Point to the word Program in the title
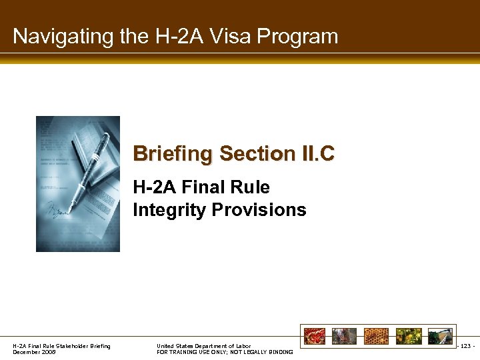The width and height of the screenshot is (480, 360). coord(302,37)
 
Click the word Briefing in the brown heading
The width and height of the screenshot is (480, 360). coord(173,154)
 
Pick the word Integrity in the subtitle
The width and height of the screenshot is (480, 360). coord(169,211)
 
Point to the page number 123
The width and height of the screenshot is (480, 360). coord(467,346)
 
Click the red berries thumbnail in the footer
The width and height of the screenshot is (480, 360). coord(314,336)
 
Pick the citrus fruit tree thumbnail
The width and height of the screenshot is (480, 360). coord(409,336)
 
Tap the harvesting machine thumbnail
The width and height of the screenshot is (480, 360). coord(440,336)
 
